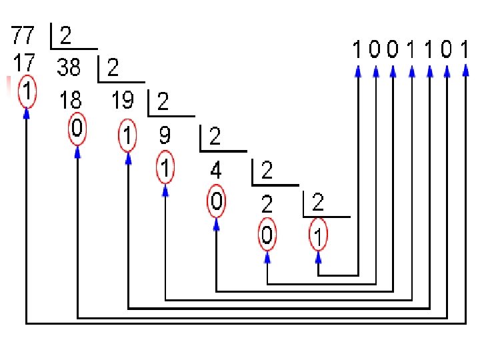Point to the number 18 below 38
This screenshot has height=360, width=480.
[70, 100]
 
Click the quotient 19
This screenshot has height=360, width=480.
[123, 100]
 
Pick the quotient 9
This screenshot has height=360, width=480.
[165, 136]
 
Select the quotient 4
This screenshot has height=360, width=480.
[216, 171]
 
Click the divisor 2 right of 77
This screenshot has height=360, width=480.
[66, 35]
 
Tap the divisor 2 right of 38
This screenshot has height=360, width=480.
[113, 67]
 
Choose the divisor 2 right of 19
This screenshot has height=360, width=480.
[163, 101]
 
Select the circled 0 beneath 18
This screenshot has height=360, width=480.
[77, 129]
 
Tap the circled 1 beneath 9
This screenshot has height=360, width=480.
[165, 167]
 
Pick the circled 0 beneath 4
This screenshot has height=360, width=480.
[216, 201]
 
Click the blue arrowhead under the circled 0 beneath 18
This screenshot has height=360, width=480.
[77, 152]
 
